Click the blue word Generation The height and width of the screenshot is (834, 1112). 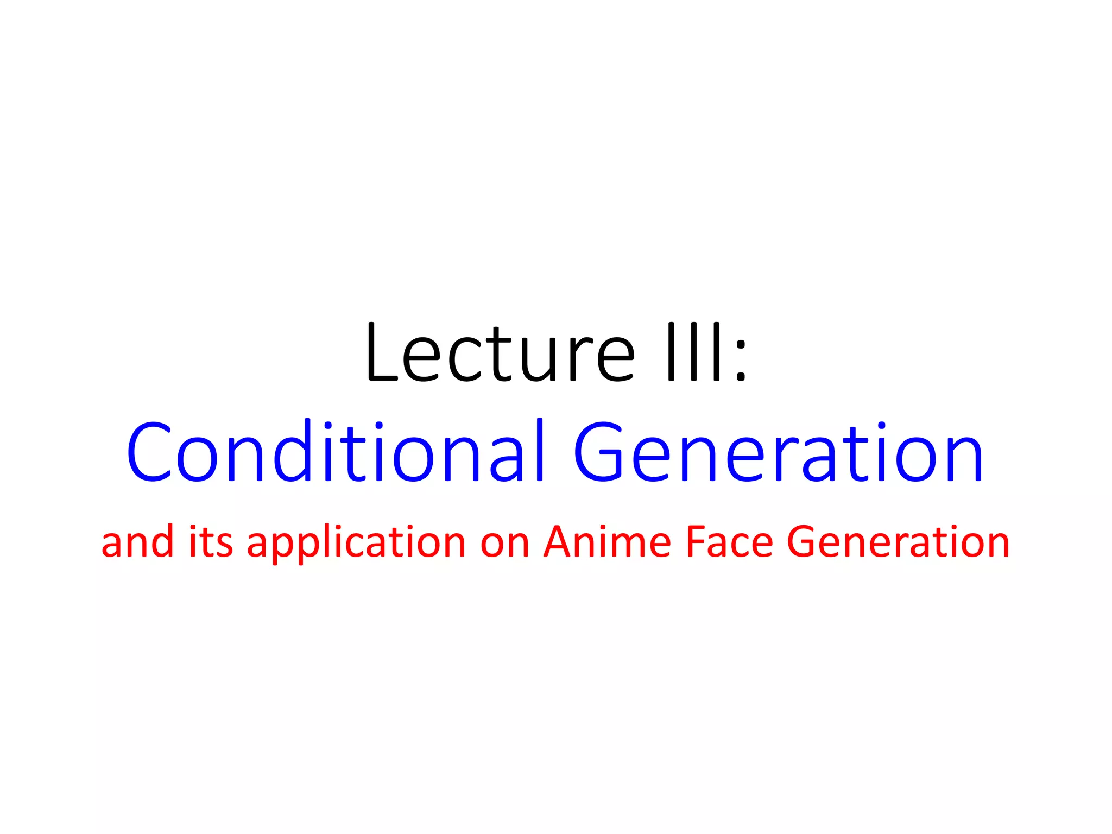(778, 452)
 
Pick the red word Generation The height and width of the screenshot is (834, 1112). (898, 542)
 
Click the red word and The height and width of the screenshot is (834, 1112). (137, 542)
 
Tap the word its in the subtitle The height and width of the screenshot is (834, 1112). (211, 542)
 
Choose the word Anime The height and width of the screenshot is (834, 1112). (607, 542)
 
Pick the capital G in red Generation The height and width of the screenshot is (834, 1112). (804, 542)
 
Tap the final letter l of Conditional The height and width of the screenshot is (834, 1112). (539, 450)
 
